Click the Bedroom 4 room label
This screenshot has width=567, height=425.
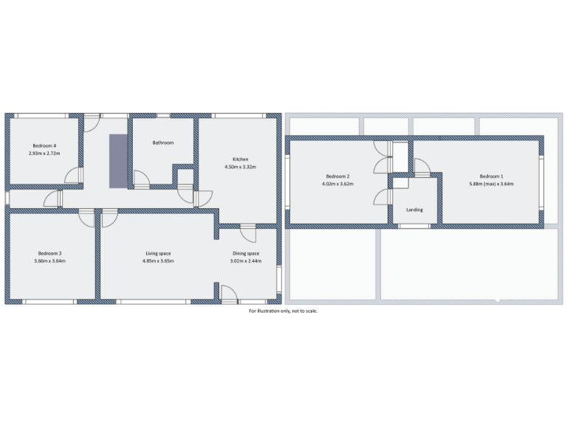coord(44,146)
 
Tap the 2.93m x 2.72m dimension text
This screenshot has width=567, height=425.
coord(44,153)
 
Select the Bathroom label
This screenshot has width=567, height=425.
coord(163,142)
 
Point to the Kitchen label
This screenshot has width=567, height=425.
coord(241,159)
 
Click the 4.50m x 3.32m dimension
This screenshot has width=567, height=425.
coord(241,167)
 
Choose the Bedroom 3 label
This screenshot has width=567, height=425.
coord(50,253)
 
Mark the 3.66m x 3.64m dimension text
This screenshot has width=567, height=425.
coord(50,260)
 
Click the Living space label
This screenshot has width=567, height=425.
coord(158,253)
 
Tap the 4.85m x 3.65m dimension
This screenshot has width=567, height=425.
coord(158,260)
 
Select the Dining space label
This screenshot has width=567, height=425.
coord(245,253)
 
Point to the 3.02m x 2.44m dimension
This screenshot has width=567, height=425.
coord(245,260)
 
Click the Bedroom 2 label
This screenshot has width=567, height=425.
coord(337,176)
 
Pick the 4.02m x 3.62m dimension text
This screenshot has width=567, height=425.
coord(337,184)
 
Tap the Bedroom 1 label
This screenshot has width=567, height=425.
coord(491,176)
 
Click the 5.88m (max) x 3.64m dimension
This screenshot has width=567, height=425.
coord(491,184)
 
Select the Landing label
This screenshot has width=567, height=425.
coord(415,210)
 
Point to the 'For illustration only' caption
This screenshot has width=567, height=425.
coord(283,311)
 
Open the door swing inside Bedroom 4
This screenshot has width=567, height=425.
coord(73,176)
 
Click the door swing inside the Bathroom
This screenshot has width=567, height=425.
coord(140,179)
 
